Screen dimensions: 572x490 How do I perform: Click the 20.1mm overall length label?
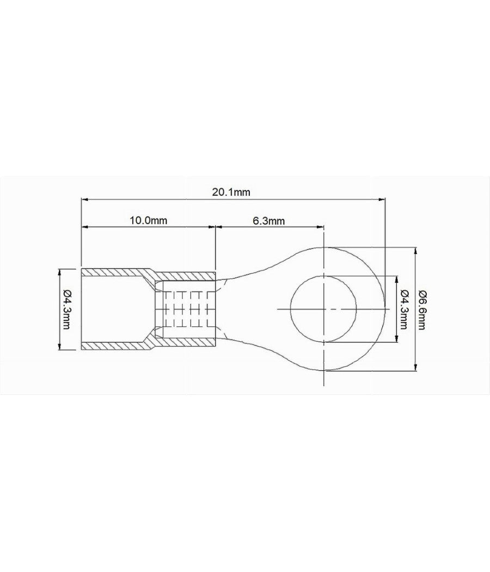pos(231,192)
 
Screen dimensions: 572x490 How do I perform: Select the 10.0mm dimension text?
pos(148,220)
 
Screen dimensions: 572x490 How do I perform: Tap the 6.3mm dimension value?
pos(269,220)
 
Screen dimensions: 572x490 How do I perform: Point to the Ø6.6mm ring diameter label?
pos(423,309)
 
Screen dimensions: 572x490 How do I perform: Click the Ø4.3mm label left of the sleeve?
pos(66,309)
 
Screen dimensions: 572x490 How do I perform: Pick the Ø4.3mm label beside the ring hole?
pos(403,309)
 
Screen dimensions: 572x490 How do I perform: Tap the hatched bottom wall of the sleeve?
pos(114,346)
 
